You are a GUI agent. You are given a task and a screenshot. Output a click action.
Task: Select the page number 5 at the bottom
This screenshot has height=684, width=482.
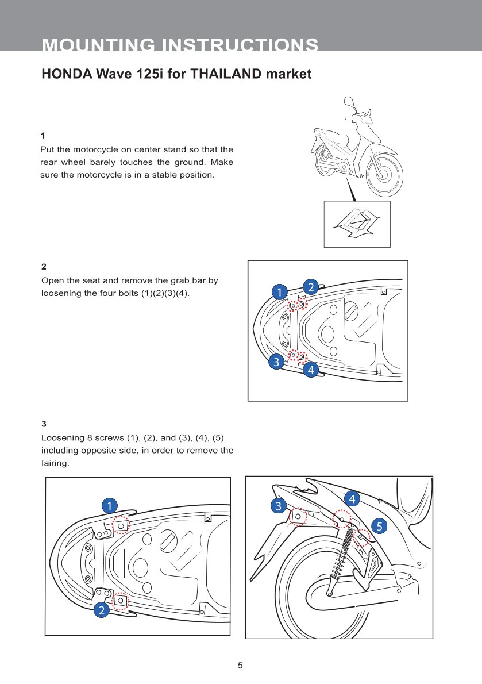point(241,666)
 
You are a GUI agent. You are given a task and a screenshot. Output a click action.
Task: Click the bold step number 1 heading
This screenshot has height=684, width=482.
point(43,136)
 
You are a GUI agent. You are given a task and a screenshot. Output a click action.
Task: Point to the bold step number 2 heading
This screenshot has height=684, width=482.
point(44,267)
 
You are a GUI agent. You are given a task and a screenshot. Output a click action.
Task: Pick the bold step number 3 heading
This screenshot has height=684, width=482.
point(44,424)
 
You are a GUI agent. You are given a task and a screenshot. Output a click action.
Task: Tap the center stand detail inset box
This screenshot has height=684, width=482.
point(357,224)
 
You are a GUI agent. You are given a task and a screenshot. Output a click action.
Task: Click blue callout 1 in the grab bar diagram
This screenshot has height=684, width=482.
point(279,292)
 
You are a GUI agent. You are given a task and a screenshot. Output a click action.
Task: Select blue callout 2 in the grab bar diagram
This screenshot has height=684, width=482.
point(310,287)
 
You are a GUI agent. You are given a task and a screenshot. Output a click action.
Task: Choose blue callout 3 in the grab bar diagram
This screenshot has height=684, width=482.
point(276,362)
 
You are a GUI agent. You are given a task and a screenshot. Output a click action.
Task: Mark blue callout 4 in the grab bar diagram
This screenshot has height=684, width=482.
point(311,370)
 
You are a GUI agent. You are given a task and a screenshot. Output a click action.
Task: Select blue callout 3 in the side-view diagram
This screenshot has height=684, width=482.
point(279,506)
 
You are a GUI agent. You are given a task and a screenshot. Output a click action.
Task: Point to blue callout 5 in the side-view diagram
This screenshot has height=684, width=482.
point(379,525)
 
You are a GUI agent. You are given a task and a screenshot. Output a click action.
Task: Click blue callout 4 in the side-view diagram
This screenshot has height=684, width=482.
point(351,498)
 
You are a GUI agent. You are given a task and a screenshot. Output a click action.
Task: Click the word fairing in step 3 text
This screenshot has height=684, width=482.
point(55,463)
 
